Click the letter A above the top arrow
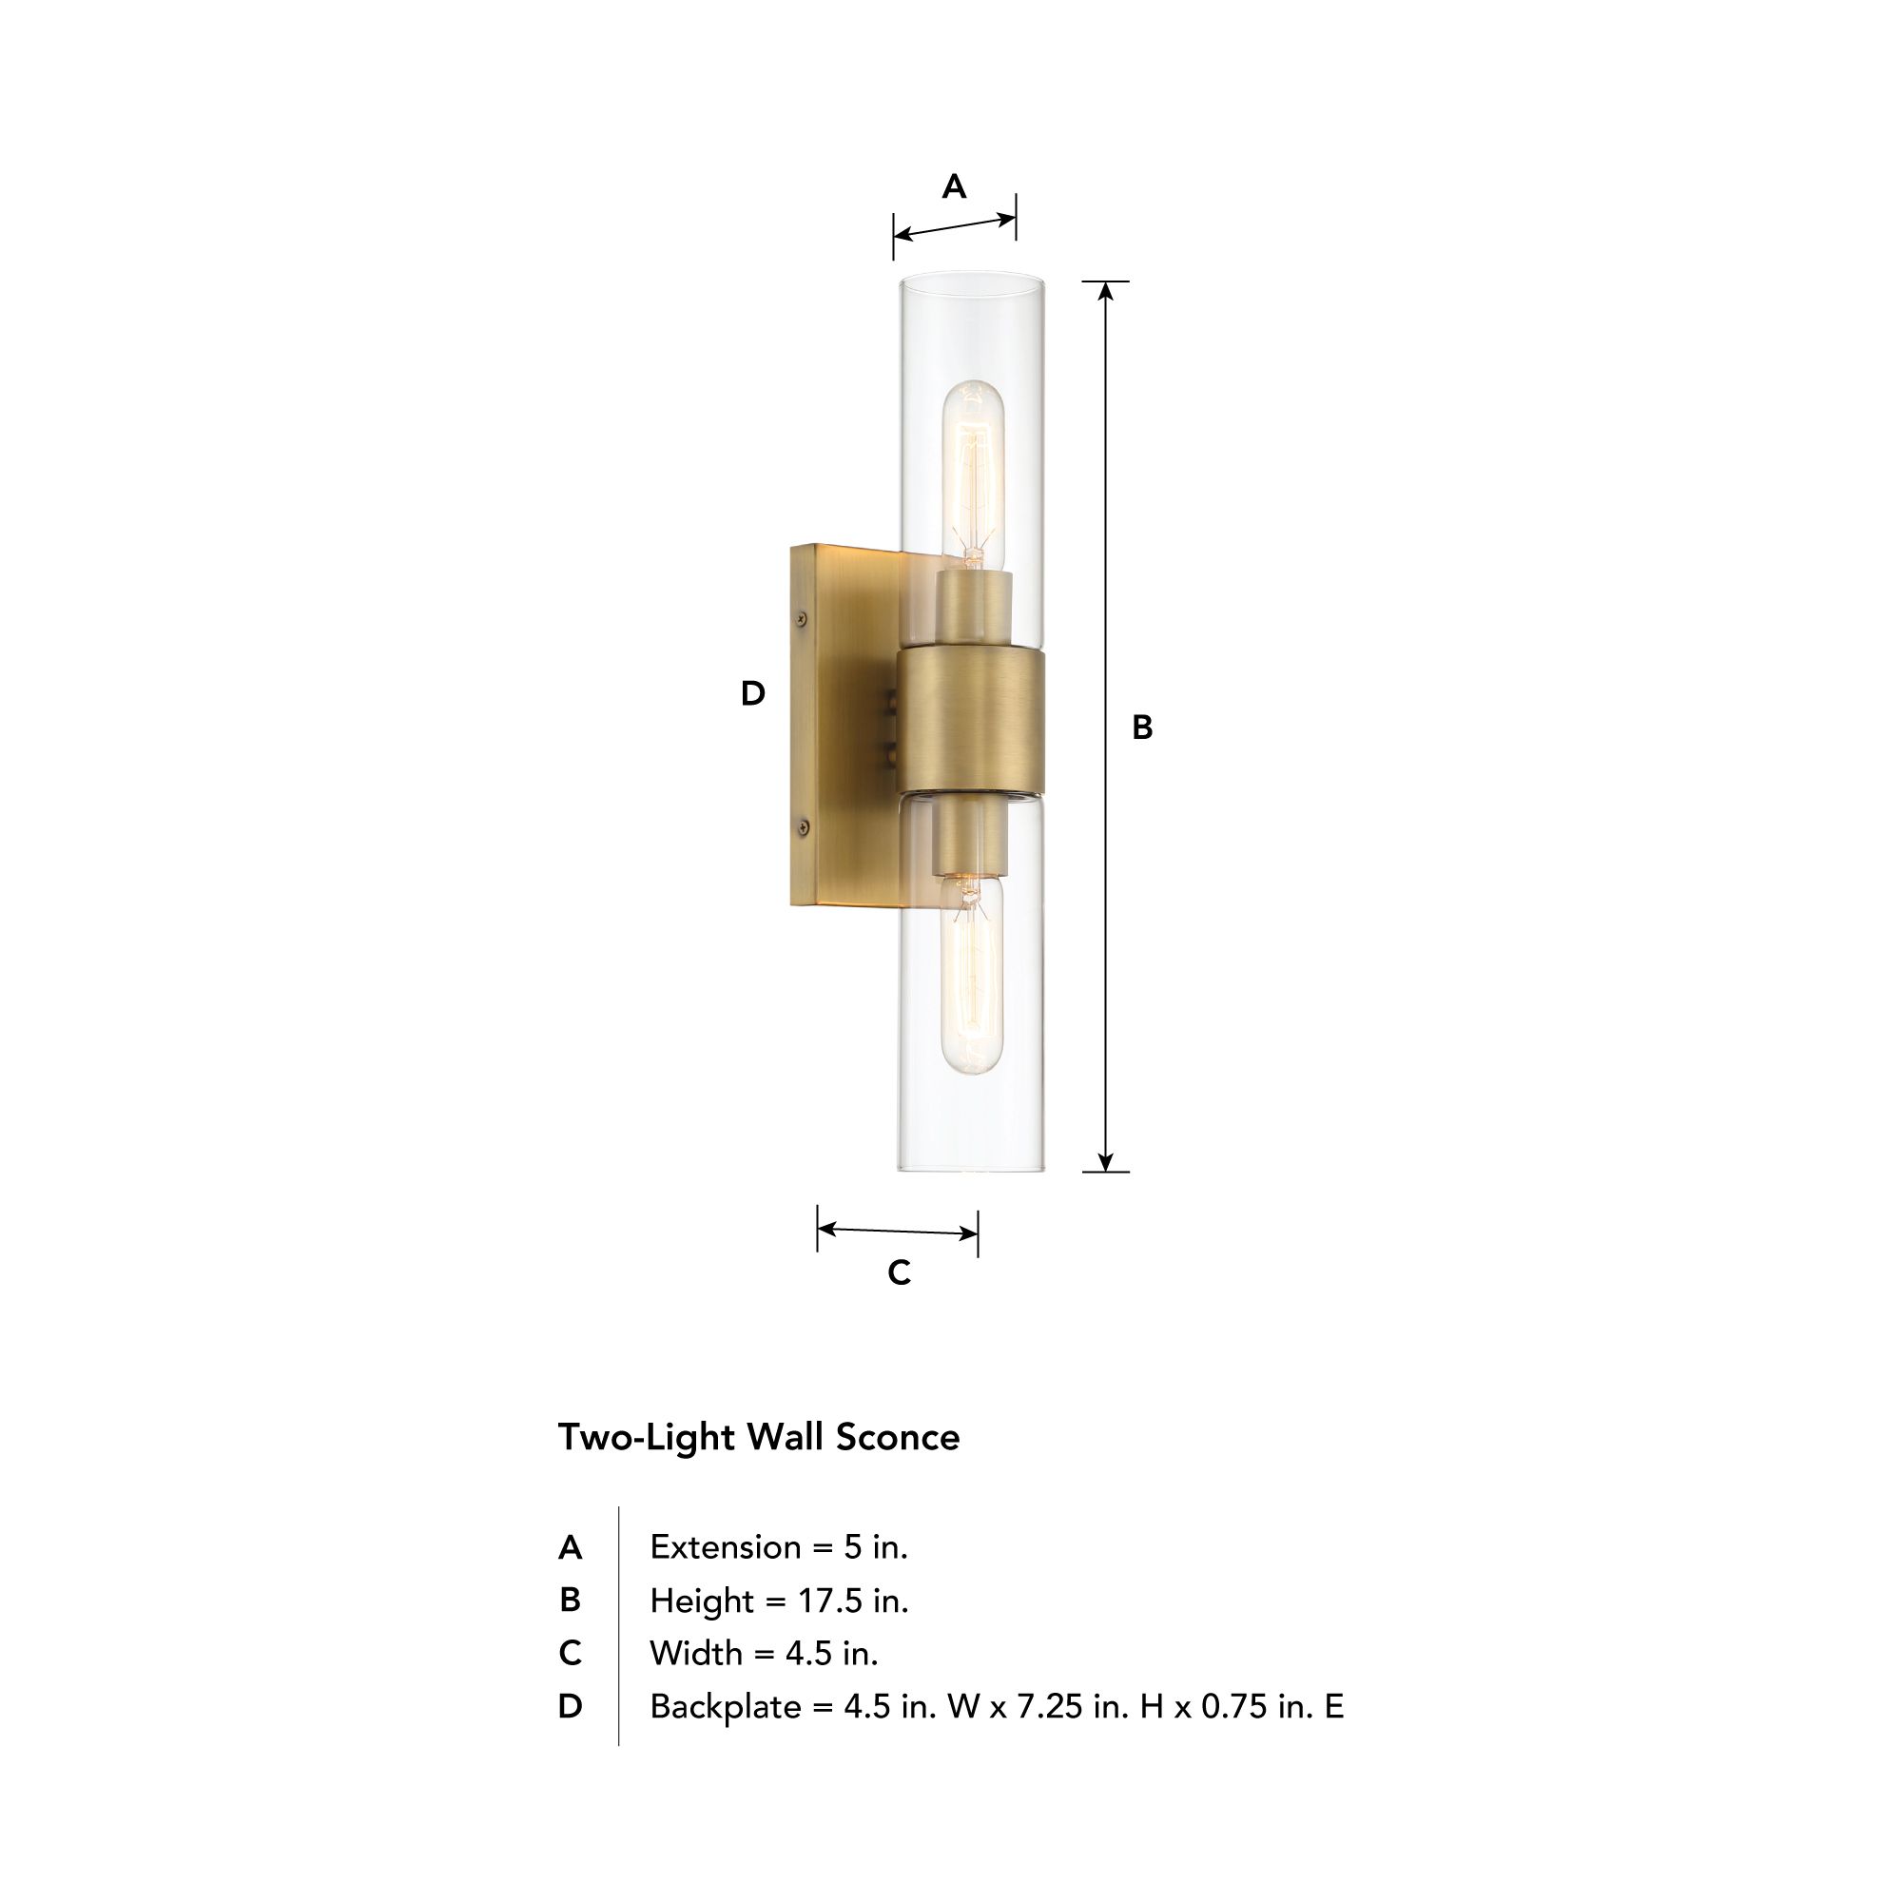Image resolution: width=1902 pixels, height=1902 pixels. pos(953,186)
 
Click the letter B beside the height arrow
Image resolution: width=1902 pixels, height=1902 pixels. pos(1142,728)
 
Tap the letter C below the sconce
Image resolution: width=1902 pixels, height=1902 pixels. pos(899,1273)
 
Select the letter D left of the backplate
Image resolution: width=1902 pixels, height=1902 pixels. pos(752,694)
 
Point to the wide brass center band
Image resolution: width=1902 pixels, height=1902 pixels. pos(971,721)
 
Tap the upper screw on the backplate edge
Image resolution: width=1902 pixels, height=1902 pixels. pos(802,618)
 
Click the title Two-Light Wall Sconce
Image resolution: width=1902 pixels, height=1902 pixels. pos(758,1437)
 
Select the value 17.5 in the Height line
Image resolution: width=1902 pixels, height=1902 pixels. pos(829,1601)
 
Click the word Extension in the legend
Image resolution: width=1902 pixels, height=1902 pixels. pos(725,1547)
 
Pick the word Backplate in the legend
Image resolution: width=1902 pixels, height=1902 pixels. pos(725,1706)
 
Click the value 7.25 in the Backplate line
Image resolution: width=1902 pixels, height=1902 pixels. pos(1050,1706)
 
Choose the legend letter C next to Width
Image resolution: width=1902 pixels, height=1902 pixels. pos(570,1653)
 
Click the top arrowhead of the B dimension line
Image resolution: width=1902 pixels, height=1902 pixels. pos(1106,290)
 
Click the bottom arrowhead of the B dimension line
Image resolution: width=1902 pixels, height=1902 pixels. pos(1106,1162)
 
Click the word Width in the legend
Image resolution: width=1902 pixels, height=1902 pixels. pos(696,1653)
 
